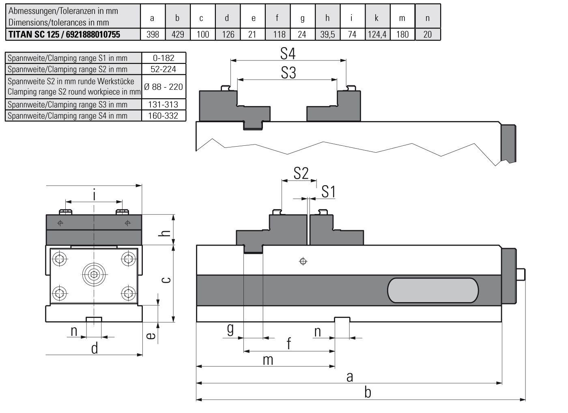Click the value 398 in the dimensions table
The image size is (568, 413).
click(153, 35)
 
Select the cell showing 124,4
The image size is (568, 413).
click(377, 35)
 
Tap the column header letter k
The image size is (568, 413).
click(377, 18)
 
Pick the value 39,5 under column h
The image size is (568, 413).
click(327, 35)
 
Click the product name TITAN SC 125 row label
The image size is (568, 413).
click(64, 35)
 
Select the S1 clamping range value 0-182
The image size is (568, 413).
click(164, 58)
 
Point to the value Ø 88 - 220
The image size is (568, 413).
click(164, 86)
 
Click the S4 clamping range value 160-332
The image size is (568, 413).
click(164, 116)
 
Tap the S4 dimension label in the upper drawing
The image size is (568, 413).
click(288, 54)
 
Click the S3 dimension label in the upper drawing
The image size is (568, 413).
click(288, 73)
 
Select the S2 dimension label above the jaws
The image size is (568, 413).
click(301, 173)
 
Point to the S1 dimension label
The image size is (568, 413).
click(328, 191)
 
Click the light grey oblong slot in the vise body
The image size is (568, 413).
click(433, 290)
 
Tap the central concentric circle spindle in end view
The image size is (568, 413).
click(94, 275)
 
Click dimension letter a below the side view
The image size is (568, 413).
click(350, 377)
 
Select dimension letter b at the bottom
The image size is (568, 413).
click(368, 393)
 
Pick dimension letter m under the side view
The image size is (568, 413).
click(268, 360)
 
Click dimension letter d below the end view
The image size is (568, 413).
click(94, 348)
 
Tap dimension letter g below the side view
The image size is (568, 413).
click(230, 329)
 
